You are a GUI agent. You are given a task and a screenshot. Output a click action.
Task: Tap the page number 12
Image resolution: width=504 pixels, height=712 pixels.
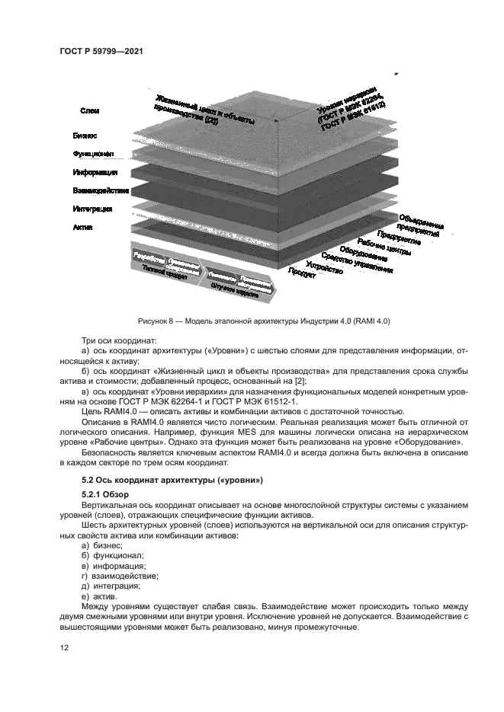pyautogui.click(x=64, y=647)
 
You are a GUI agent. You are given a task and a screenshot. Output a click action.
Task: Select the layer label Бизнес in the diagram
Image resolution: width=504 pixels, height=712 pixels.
pyautogui.click(x=85, y=136)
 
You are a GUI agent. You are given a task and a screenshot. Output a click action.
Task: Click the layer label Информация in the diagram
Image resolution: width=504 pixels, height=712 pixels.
pyautogui.click(x=89, y=172)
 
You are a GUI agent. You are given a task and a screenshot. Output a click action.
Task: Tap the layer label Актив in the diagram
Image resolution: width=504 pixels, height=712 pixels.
pyautogui.click(x=82, y=226)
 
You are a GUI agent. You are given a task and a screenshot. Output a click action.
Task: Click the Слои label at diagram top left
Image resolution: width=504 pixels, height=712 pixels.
pyautogui.click(x=89, y=111)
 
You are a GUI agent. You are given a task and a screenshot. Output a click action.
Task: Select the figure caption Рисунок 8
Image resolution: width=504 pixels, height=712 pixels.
pyautogui.click(x=264, y=320)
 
